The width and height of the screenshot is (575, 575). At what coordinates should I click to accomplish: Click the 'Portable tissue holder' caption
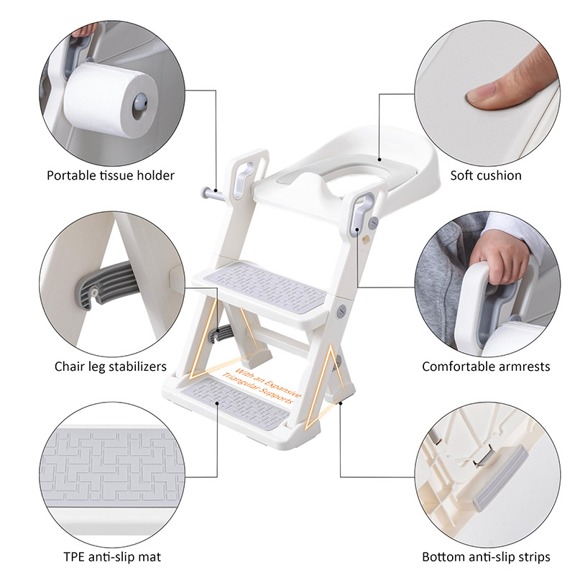pos(111,175)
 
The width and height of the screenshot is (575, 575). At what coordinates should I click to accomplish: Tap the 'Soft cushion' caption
pos(486,175)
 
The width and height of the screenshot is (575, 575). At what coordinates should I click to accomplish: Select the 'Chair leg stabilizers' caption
pos(111,367)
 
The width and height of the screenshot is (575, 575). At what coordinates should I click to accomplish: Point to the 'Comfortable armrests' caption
pos(486,367)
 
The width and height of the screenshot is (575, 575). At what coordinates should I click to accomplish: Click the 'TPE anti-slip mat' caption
pos(111,557)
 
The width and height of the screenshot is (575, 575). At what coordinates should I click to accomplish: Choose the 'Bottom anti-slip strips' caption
pos(486,557)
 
